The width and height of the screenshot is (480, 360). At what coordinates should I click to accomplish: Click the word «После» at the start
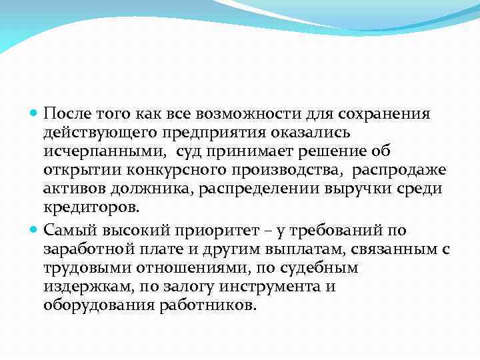tap(64, 114)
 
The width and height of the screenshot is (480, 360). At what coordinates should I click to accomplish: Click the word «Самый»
tap(65, 230)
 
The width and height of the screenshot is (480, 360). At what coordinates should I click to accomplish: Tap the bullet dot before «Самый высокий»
tap(35, 231)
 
